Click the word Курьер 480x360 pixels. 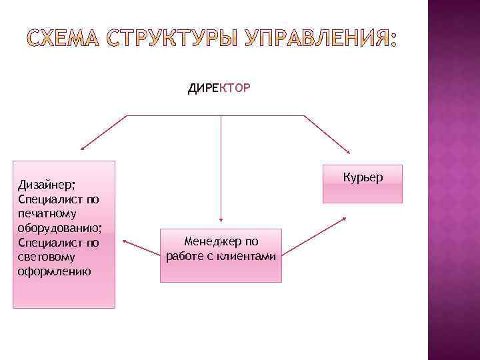(x=363, y=178)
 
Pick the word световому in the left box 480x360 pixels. (x=47, y=257)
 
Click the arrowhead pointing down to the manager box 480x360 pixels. (x=221, y=217)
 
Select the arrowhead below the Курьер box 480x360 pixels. (x=344, y=219)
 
